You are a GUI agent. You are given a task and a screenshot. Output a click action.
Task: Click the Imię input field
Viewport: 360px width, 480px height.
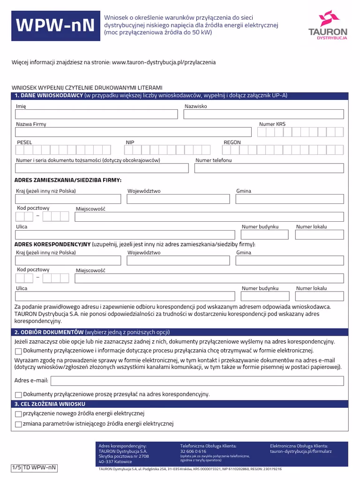pos(97,114)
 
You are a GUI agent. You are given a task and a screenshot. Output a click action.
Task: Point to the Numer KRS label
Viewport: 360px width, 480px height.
pos(272,124)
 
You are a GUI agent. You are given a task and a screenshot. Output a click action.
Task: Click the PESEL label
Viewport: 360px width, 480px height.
pos(24,142)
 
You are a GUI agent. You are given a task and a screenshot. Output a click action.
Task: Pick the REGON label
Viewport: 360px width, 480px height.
pos(232,142)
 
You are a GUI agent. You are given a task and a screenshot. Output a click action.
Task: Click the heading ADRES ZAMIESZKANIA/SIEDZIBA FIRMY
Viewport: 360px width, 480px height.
pos(68,180)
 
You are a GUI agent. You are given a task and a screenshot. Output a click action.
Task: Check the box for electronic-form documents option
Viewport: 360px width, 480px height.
pos(18,351)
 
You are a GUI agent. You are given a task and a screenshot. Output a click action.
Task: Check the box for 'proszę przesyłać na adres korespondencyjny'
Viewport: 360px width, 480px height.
pos(18,395)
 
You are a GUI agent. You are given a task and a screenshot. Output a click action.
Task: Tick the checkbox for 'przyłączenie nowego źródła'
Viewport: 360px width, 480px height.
pos(18,414)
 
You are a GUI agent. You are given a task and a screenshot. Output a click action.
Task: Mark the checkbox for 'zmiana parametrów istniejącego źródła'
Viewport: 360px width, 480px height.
pos(18,425)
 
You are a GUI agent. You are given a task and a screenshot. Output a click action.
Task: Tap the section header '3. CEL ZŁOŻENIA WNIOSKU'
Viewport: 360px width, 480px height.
pos(50,404)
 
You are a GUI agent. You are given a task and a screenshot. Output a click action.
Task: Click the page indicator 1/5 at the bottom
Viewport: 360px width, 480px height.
pos(16,467)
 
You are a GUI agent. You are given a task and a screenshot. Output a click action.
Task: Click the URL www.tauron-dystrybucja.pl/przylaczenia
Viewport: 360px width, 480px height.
pos(164,62)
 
